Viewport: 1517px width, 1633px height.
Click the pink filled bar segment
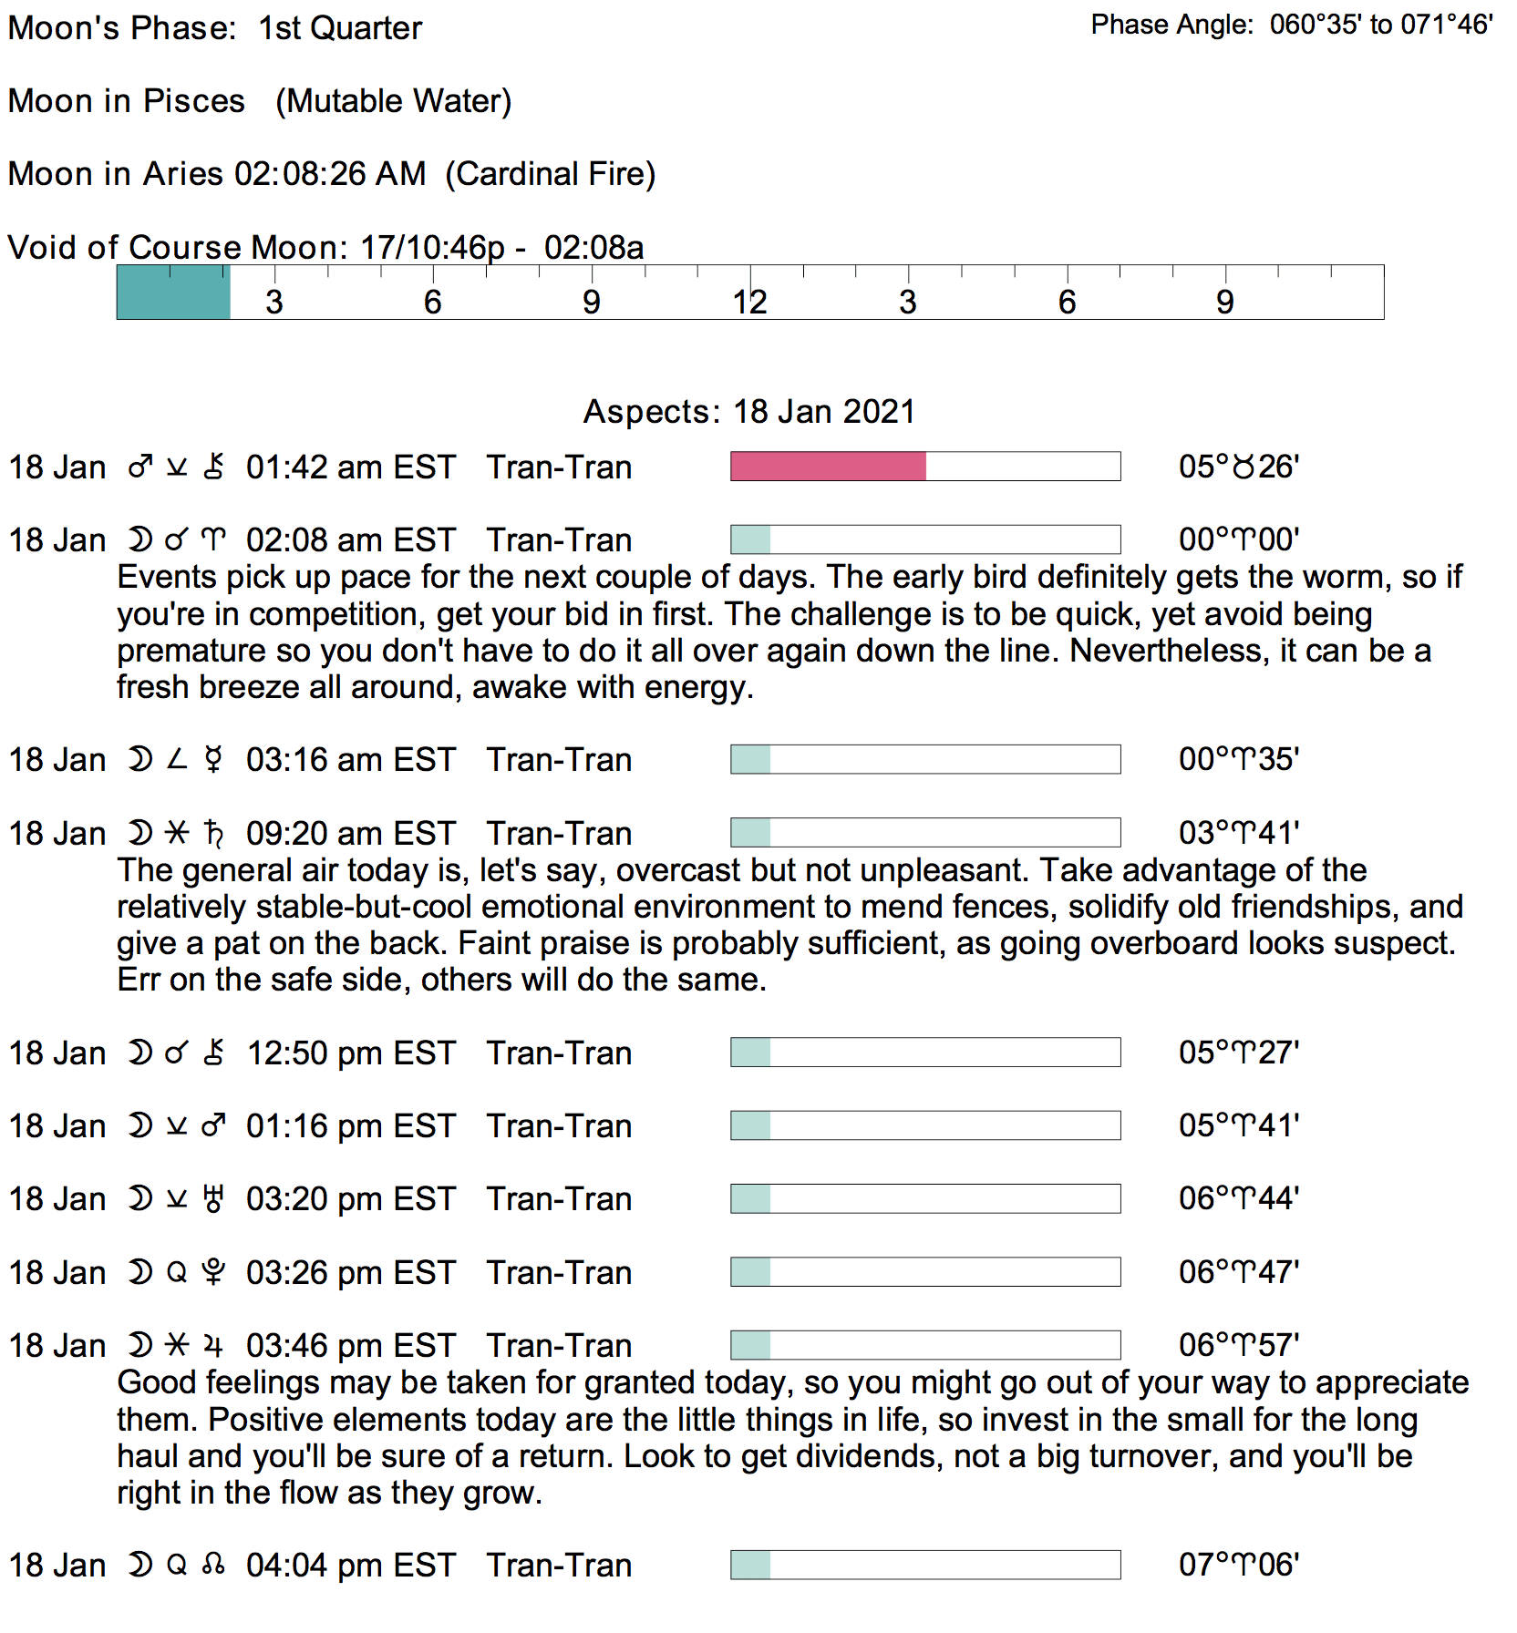[828, 467]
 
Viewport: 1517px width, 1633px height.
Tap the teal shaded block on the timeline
[173, 293]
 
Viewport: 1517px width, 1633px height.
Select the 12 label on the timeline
[749, 303]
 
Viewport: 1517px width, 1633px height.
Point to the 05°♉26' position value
[1238, 467]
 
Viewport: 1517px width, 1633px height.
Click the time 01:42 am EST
[350, 467]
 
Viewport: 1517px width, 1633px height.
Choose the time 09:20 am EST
[350, 834]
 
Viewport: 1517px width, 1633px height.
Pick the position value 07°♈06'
[1238, 1565]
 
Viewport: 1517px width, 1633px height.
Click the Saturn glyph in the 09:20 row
[214, 834]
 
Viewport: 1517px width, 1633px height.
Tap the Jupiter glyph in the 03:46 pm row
[213, 1346]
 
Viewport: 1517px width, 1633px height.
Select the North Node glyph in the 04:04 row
[213, 1566]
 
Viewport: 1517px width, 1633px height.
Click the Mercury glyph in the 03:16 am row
[213, 760]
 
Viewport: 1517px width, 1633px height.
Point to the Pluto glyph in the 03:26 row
[213, 1273]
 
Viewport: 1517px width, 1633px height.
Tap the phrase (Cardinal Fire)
[551, 174]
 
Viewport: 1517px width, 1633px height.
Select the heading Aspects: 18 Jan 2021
[748, 412]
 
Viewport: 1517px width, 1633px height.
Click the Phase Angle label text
[1172, 25]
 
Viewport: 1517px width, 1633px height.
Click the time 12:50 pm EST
[350, 1053]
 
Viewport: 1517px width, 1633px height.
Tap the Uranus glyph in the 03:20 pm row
[213, 1199]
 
